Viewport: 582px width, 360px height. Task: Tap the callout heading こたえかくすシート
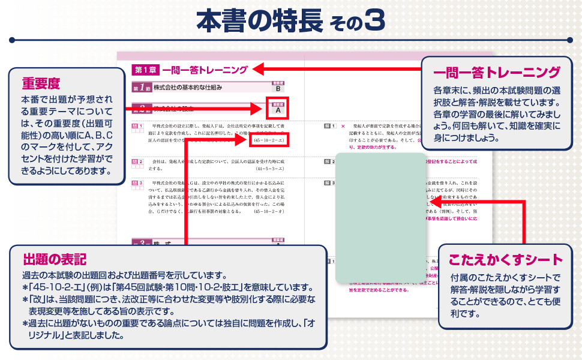(506, 260)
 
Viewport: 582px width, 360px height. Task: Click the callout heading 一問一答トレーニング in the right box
(496, 73)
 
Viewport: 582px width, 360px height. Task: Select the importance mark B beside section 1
(278, 88)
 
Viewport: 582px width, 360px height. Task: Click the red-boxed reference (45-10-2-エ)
(268, 140)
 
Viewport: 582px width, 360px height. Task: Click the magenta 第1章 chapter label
(144, 70)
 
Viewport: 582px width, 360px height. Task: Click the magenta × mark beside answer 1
(343, 127)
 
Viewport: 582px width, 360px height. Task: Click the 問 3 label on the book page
(138, 181)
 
